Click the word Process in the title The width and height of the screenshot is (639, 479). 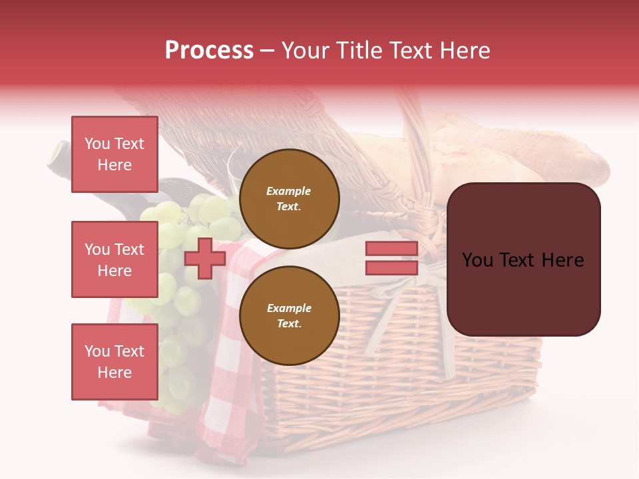tap(209, 51)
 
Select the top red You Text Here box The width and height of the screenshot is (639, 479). tap(114, 154)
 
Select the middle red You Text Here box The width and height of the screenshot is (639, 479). tap(114, 259)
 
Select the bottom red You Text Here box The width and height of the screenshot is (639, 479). tap(114, 362)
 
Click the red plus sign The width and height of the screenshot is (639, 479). tap(204, 258)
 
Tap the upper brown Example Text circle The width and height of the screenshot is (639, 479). tap(289, 198)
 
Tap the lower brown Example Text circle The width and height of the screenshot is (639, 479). tap(289, 315)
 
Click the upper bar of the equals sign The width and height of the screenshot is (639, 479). tap(391, 249)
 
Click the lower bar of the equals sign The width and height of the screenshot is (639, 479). tap(391, 267)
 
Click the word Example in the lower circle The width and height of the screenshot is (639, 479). tap(289, 308)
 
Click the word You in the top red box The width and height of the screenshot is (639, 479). tap(97, 144)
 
